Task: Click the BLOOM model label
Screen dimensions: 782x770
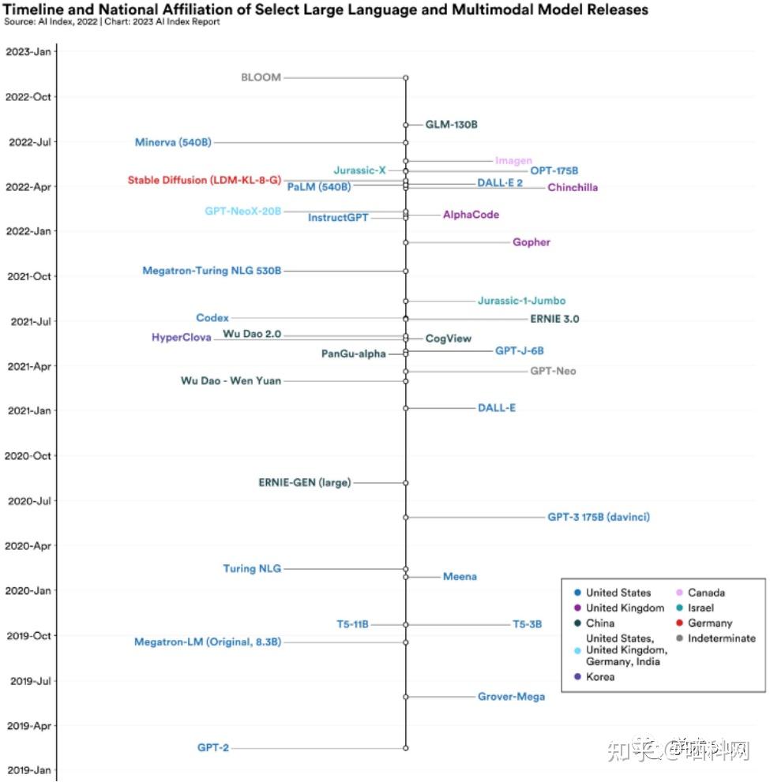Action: pyautogui.click(x=261, y=77)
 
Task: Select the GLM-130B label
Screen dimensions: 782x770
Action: pyautogui.click(x=451, y=125)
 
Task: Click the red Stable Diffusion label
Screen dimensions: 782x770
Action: pyautogui.click(x=204, y=180)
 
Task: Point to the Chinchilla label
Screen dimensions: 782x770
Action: pyautogui.click(x=573, y=188)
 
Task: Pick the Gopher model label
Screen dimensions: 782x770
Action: pyautogui.click(x=531, y=242)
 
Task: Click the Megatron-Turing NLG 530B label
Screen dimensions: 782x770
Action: pyautogui.click(x=211, y=271)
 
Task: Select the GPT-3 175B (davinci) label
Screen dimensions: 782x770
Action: pyautogui.click(x=599, y=517)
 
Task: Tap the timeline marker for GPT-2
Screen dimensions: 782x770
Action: pyautogui.click(x=406, y=747)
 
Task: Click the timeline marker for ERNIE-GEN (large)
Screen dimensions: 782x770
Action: pyautogui.click(x=406, y=483)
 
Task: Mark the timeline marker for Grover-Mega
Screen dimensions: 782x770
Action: pyautogui.click(x=406, y=697)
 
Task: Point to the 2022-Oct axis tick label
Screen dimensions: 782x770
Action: pyautogui.click(x=28, y=97)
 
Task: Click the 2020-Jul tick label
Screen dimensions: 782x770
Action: pyautogui.click(x=28, y=501)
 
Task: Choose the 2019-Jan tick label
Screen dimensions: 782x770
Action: pyautogui.click(x=28, y=770)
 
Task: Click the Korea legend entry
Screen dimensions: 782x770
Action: pyautogui.click(x=599, y=677)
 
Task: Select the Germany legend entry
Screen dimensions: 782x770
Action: pyautogui.click(x=710, y=623)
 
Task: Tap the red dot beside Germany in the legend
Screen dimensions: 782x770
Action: pyautogui.click(x=679, y=623)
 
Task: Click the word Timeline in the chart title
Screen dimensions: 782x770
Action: pyautogui.click(x=37, y=9)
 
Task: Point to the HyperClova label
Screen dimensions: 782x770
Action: pyautogui.click(x=181, y=338)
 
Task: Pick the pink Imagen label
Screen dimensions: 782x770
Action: pyautogui.click(x=513, y=161)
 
